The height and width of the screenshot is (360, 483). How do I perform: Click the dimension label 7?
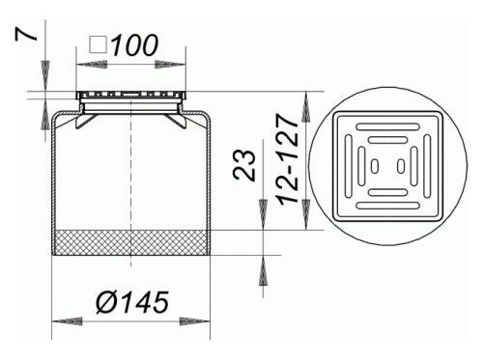tap(26, 35)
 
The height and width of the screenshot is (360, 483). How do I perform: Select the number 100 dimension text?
tap(135, 45)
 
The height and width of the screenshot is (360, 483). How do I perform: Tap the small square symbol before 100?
tap(98, 44)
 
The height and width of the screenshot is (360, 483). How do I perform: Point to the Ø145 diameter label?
tap(132, 302)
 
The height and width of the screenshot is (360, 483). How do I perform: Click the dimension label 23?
tap(243, 164)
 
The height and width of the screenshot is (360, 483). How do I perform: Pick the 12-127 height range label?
tap(288, 159)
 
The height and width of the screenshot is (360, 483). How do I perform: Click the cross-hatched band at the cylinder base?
tap(130, 242)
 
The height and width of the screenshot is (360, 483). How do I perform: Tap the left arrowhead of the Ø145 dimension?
tap(67, 321)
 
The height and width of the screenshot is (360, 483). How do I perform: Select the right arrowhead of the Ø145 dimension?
tap(195, 321)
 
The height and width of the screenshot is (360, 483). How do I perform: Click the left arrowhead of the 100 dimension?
tap(92, 64)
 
